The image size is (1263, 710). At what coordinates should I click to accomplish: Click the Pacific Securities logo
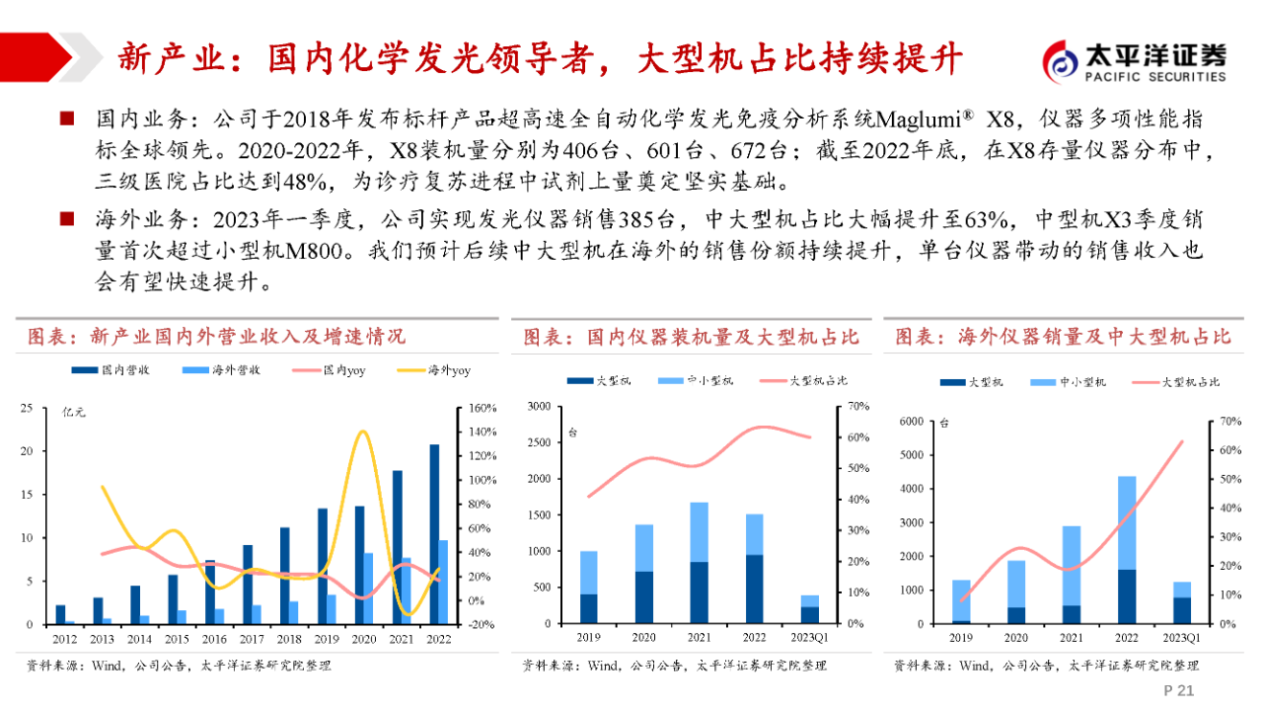click(x=1135, y=61)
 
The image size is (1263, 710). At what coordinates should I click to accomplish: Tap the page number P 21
click(x=1179, y=690)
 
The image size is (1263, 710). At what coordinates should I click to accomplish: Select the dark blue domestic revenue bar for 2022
click(x=435, y=534)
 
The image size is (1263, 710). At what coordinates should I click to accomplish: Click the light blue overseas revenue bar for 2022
click(x=443, y=582)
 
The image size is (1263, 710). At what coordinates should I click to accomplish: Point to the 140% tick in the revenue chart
click(x=482, y=433)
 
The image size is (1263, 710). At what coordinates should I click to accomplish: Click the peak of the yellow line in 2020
click(x=363, y=432)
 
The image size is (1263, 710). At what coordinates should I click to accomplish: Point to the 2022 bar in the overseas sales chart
click(x=1126, y=550)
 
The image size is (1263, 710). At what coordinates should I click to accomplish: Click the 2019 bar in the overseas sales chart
click(x=961, y=601)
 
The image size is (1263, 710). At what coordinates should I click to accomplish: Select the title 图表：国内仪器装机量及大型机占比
click(x=691, y=338)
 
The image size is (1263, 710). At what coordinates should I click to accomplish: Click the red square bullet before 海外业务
click(x=67, y=218)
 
